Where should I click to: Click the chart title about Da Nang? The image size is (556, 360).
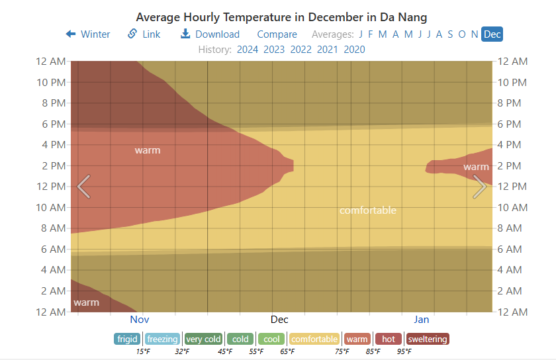[281, 17]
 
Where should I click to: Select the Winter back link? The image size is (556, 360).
[88, 34]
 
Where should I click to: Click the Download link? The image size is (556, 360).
[210, 34]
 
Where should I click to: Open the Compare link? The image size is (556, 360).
[277, 34]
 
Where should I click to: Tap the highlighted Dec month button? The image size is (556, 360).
[492, 34]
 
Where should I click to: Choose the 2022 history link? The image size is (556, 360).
[301, 49]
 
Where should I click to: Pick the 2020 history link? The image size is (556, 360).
[354, 49]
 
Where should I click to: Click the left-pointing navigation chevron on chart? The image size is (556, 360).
[83, 187]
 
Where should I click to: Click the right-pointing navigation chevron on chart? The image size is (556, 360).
[480, 187]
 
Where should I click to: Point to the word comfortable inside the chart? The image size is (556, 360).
[367, 210]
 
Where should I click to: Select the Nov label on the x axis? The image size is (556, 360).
[140, 320]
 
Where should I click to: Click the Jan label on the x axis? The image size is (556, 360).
[422, 320]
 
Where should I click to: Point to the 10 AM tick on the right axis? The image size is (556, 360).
[512, 207]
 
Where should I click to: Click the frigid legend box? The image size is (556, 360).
[126, 339]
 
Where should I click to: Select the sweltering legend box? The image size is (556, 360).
[427, 339]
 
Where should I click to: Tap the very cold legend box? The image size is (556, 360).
[203, 339]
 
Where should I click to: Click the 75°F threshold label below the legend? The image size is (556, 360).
[342, 351]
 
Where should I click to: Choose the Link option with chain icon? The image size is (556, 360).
[144, 34]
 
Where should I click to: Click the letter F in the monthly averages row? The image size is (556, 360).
[370, 34]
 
